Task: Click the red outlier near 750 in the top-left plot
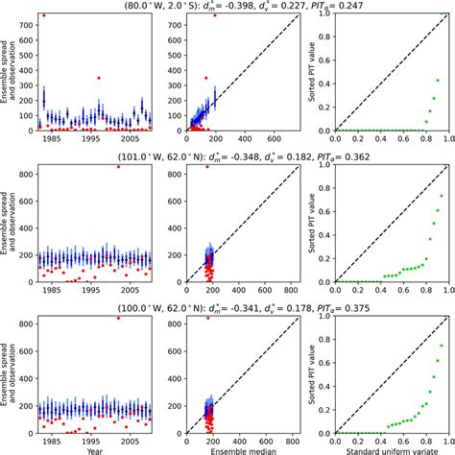click(43, 15)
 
